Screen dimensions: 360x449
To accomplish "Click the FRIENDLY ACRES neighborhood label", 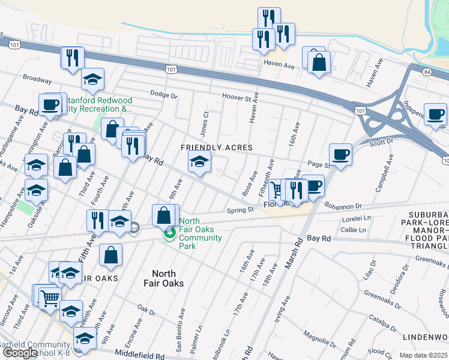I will point(217,148).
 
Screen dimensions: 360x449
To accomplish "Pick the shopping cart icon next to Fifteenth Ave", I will point(277,190).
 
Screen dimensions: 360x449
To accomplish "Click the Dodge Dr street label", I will point(164,95).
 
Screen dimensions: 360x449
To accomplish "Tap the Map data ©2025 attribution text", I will point(424,355).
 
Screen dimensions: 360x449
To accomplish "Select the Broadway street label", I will point(38,78).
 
